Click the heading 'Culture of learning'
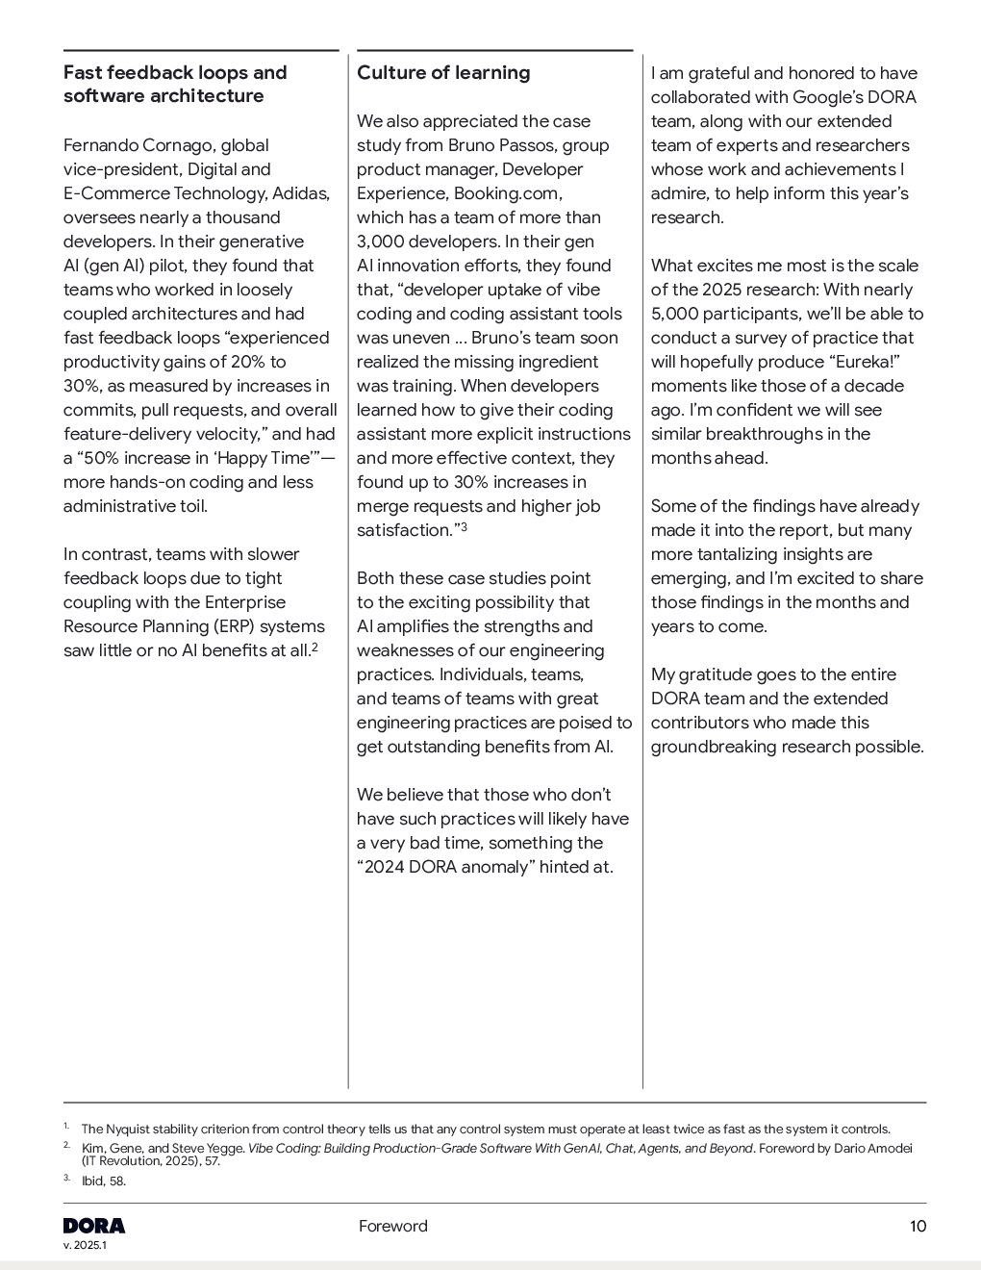pos(443,73)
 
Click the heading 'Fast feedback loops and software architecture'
pos(175,85)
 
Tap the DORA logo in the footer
pos(94,1226)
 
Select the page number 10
pos(918,1226)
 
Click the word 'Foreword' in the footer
pos(392,1226)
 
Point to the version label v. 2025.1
pos(85,1245)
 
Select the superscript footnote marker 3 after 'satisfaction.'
pos(464,526)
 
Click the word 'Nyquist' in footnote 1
pos(127,1130)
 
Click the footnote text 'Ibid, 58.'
pos(104,1181)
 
